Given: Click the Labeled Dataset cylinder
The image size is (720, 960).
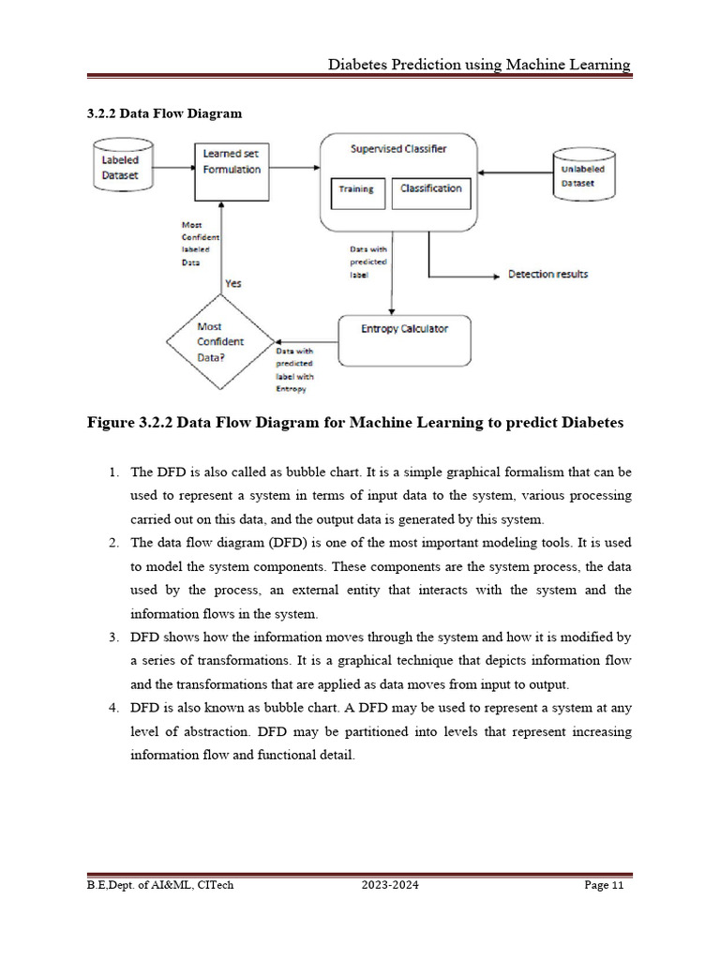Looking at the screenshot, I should (120, 168).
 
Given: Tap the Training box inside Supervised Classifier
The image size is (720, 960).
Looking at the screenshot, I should (356, 189).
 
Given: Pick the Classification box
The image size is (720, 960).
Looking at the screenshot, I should (430, 189).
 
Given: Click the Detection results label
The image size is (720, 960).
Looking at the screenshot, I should (547, 274).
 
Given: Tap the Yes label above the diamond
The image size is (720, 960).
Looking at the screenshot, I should (233, 283).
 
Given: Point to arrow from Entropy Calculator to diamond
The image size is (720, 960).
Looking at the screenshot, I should (305, 341).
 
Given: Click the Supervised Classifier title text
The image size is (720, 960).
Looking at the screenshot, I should (398, 149).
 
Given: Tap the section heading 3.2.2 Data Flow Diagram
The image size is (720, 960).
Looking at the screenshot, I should (164, 113).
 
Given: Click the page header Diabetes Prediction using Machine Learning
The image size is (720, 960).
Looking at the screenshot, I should (478, 65).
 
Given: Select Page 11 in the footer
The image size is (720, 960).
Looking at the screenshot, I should (604, 885).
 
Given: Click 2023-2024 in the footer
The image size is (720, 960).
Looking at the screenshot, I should (388, 885).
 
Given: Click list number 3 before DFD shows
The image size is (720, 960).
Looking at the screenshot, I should (112, 637).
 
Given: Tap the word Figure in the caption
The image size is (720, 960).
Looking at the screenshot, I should (113, 423).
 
